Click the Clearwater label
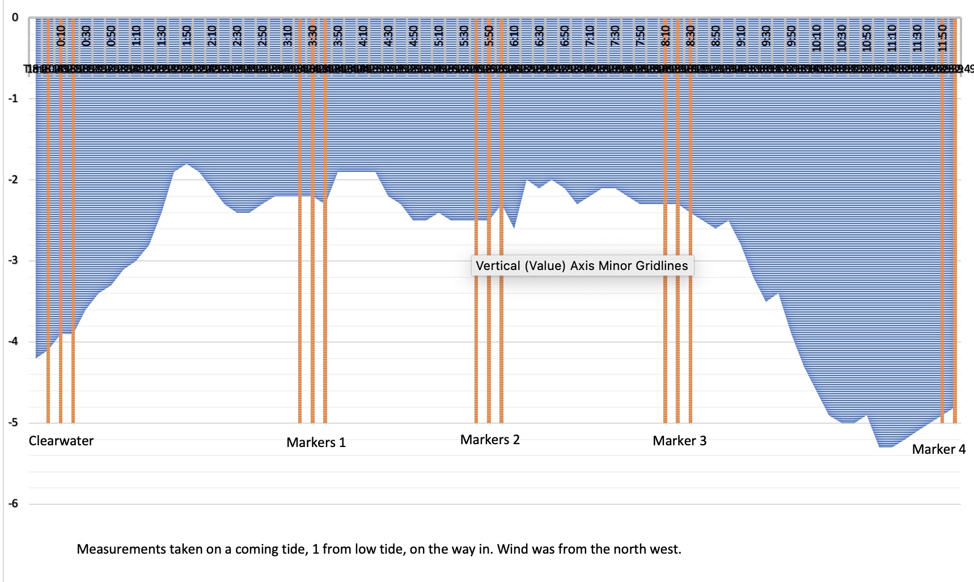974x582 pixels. pos(61,441)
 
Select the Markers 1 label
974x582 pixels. pos(316,442)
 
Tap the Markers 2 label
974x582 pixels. pos(490,440)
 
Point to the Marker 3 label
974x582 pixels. pos(679,441)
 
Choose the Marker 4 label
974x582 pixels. pos(938,449)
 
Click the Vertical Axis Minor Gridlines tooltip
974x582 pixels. pos(582,265)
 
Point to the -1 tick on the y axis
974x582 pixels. pos(13,99)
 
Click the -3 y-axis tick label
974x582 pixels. pos(13,261)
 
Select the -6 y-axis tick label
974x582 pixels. pos(13,504)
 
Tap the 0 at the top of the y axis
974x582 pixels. pos(15,18)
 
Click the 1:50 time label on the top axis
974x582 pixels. pos(187,36)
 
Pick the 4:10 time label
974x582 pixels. pos(363,36)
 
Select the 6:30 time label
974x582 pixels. pos(540,36)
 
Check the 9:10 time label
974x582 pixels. pos(741,36)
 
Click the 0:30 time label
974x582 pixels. pos(86,36)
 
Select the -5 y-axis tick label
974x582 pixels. pos(13,423)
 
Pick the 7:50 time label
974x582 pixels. pos(640,36)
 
